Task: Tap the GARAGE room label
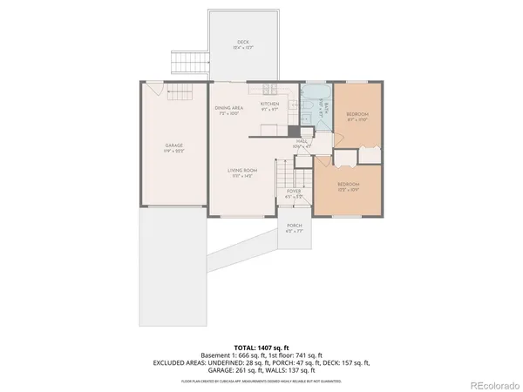tap(173, 145)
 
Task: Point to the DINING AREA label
tap(229, 108)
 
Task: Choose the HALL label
tap(302, 140)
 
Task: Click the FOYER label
tap(295, 190)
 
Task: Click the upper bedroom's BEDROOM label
tap(358, 114)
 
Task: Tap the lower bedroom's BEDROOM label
tap(349, 185)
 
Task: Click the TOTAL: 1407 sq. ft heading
tap(261, 348)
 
